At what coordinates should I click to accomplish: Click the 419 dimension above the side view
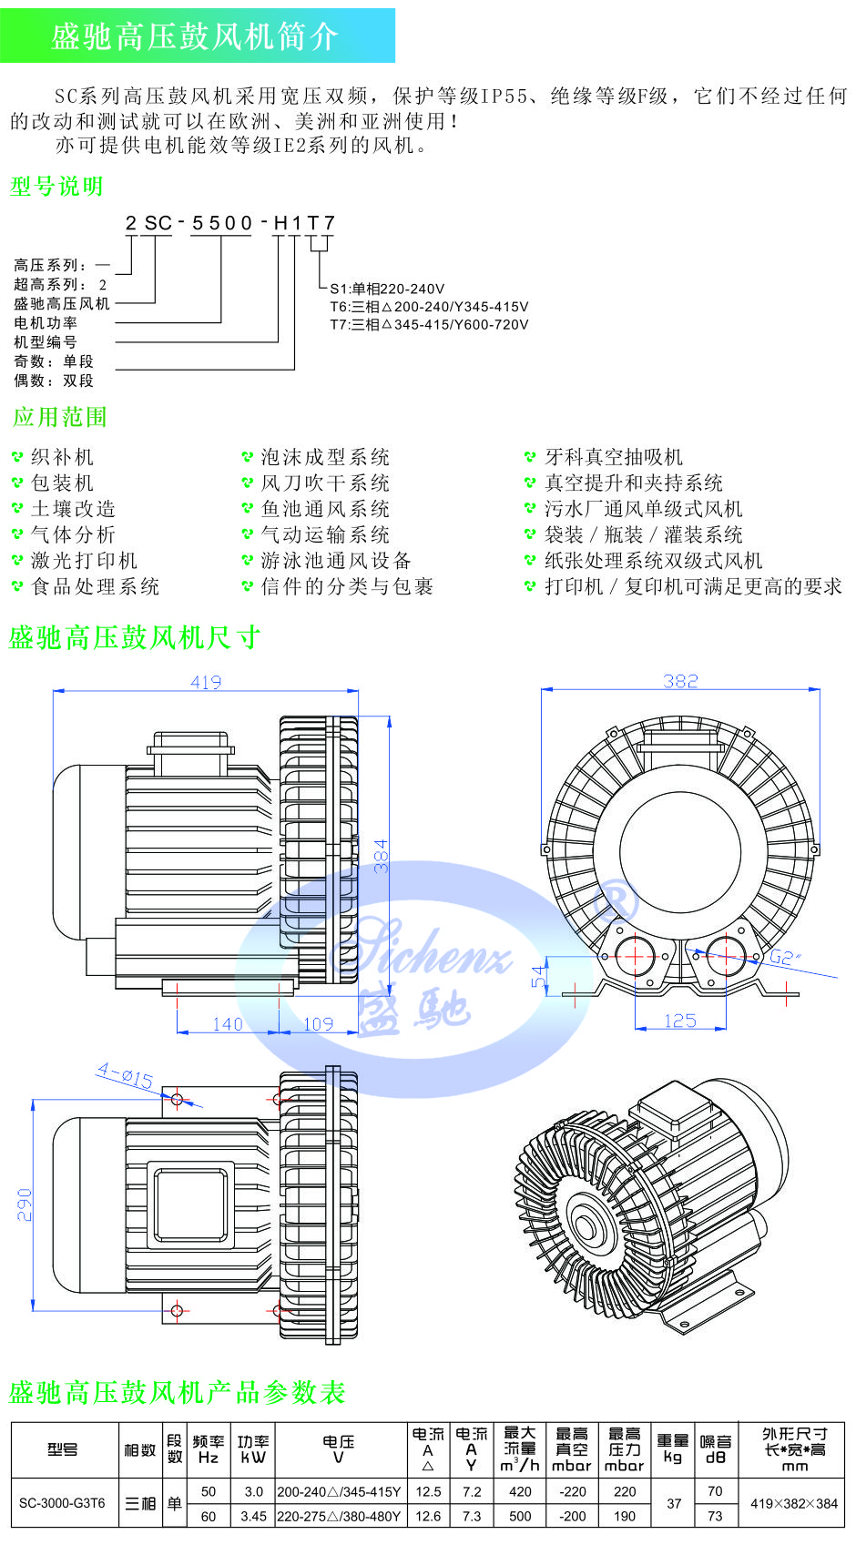pos(206,682)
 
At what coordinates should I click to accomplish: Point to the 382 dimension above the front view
pos(680,681)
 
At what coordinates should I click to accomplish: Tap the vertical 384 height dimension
pos(383,856)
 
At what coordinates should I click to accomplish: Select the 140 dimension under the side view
pos(227,1024)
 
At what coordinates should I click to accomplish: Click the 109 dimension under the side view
pos(318,1024)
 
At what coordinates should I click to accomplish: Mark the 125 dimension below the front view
pos(680,1021)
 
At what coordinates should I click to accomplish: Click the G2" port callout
pos(784,957)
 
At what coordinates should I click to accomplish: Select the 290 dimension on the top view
pos(25,1204)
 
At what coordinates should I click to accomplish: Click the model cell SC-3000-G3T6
pos(62,1503)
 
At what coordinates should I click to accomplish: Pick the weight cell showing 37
pos(674,1503)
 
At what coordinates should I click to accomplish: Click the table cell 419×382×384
pos(793,1503)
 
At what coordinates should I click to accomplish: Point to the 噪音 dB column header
pos(716,1448)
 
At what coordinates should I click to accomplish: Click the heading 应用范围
pos(60,417)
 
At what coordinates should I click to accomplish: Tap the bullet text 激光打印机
pos(84,560)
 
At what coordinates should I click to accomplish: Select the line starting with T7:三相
pos(429,324)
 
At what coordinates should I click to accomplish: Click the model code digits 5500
pos(221,223)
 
